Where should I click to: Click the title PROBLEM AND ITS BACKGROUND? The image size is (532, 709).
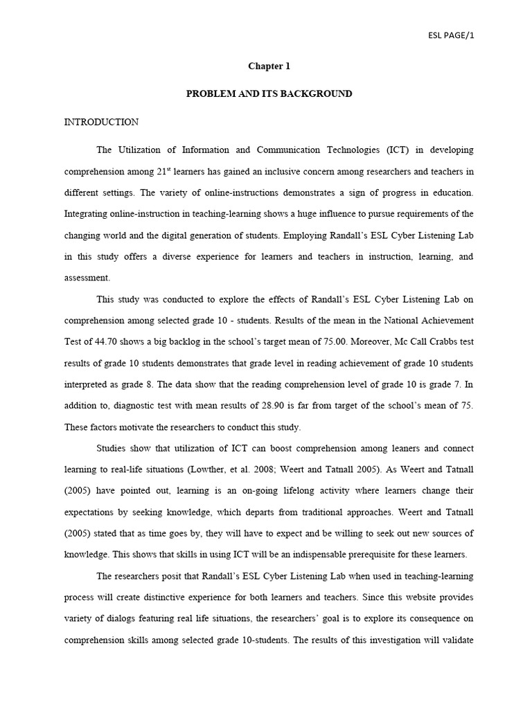click(269, 93)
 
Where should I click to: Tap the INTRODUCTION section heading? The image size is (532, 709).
click(101, 122)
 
